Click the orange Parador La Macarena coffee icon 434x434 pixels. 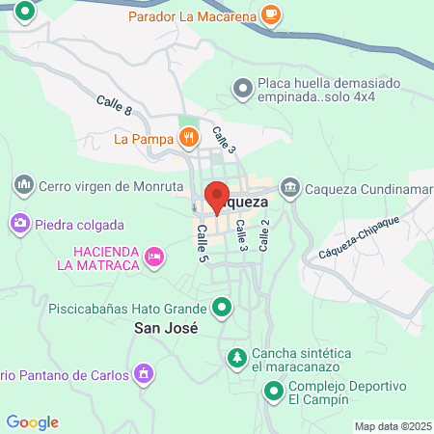point(271,15)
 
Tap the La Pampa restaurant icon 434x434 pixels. point(188,138)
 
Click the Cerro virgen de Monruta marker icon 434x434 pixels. point(23,183)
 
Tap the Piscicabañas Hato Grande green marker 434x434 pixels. point(223,309)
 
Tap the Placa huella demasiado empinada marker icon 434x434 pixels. point(241,90)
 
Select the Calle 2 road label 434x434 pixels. point(263,235)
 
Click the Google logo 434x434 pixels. point(32,421)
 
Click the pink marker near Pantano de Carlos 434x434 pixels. point(145,372)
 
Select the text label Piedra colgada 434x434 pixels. point(80,225)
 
